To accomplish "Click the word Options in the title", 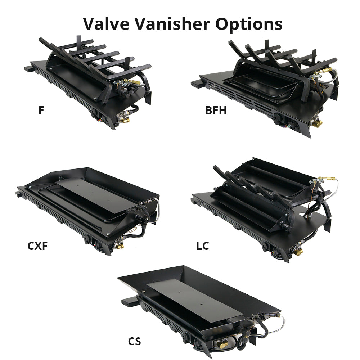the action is pyautogui.click(x=249, y=24).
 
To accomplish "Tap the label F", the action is pyautogui.click(x=41, y=110).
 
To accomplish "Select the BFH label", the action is pyautogui.click(x=216, y=110).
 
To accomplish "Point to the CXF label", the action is pyautogui.click(x=37, y=246).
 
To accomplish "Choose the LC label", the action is pyautogui.click(x=202, y=246).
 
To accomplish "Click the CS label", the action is pyautogui.click(x=134, y=341).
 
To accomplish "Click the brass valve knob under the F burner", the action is pyautogui.click(x=125, y=120).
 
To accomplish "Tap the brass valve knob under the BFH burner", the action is pyautogui.click(x=318, y=123).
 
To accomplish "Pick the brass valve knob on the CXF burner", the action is pyautogui.click(x=120, y=246).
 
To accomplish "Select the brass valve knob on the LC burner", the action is pyautogui.click(x=298, y=252).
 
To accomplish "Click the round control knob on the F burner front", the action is pyautogui.click(x=94, y=112).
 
